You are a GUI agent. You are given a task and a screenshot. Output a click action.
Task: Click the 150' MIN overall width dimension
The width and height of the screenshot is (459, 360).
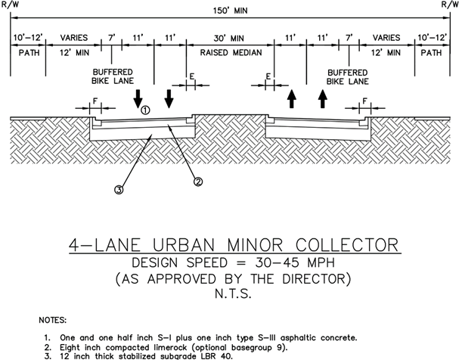(x=228, y=13)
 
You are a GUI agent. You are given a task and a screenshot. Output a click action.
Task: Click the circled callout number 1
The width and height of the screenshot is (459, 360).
(x=146, y=110)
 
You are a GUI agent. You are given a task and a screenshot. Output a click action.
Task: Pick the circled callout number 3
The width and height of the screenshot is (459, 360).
(x=119, y=190)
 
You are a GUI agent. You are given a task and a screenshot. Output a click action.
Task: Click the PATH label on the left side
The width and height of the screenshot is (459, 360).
(x=27, y=54)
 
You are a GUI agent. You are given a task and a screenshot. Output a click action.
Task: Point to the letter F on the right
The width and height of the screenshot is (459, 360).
(x=366, y=101)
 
